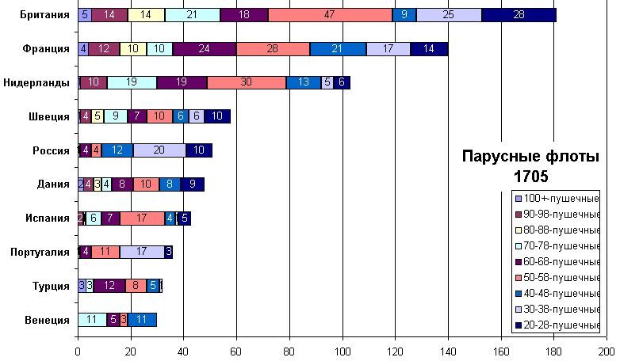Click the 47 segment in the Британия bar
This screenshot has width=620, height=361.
pyautogui.click(x=330, y=14)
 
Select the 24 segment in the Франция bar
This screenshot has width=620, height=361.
pyautogui.click(x=205, y=48)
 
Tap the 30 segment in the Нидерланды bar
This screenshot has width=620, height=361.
pyautogui.click(x=247, y=82)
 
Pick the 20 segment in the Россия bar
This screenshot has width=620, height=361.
pyautogui.click(x=159, y=150)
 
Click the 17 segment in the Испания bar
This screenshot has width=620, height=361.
pyautogui.click(x=142, y=218)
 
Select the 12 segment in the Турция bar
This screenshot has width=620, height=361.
pyautogui.click(x=109, y=286)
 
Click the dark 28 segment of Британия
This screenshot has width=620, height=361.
pyautogui.click(x=519, y=14)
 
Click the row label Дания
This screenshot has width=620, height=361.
pyautogui.click(x=54, y=184)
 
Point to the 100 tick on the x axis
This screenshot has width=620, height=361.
pyautogui.click(x=343, y=351)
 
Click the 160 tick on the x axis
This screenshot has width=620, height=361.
pyautogui.click(x=501, y=351)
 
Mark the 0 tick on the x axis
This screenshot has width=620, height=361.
pyautogui.click(x=78, y=351)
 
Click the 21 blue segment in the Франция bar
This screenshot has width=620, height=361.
pyautogui.click(x=338, y=48)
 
